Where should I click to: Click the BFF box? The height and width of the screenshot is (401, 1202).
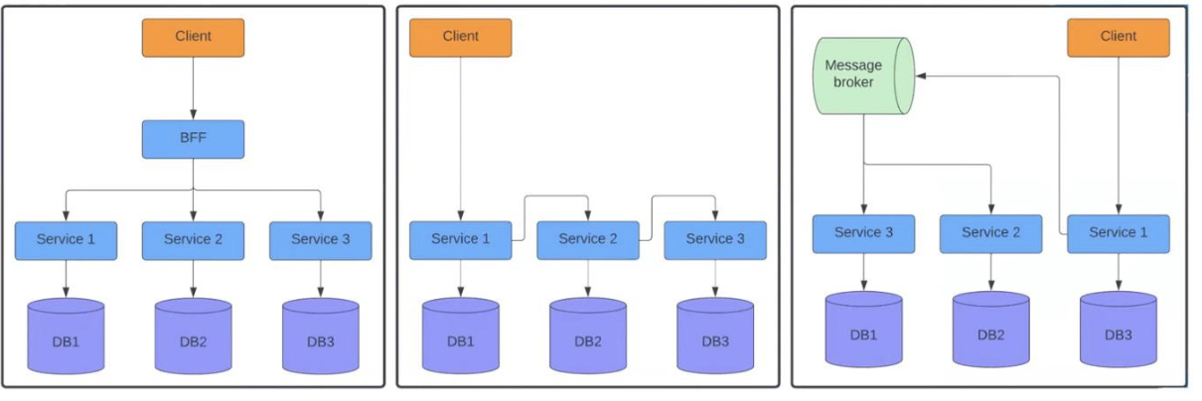click(193, 139)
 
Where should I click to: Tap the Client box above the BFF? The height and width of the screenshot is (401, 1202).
click(193, 37)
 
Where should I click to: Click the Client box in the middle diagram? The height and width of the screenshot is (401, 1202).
click(460, 37)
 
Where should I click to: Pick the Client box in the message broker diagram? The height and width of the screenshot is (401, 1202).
click(1118, 37)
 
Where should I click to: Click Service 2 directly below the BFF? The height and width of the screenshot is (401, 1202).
click(193, 239)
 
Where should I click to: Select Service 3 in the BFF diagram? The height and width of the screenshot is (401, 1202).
click(320, 239)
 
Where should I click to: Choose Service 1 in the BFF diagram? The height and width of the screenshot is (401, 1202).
click(66, 239)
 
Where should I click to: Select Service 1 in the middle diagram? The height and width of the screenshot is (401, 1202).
click(460, 239)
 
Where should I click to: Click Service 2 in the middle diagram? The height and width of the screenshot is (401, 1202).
click(587, 239)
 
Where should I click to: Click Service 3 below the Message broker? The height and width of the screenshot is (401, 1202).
click(862, 233)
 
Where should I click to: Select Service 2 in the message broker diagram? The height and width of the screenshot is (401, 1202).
click(990, 233)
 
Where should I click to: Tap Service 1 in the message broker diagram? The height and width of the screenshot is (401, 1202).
click(1118, 233)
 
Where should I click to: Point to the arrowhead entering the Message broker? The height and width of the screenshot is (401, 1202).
click(921, 75)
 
